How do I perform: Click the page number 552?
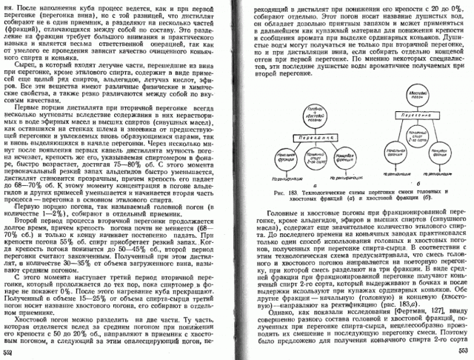(x=9, y=352)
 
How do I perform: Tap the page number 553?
(x=463, y=350)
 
